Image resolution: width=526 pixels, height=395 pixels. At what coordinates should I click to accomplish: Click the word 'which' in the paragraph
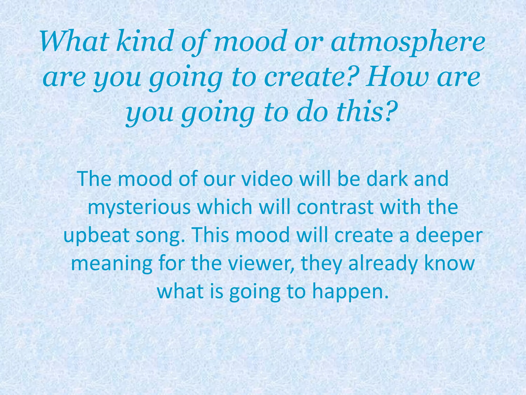click(225, 207)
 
